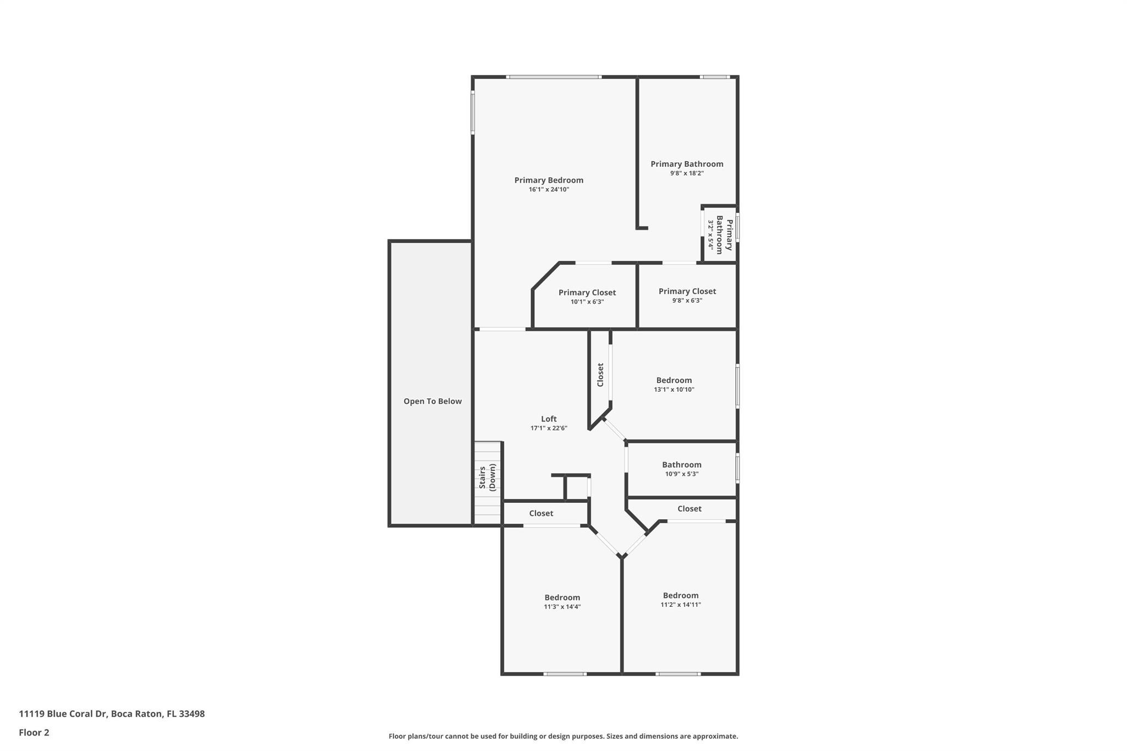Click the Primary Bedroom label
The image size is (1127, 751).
(x=549, y=180)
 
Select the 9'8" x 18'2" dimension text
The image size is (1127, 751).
(x=687, y=173)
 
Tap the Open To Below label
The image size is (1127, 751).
(x=433, y=402)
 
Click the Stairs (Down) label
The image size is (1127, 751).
(x=488, y=476)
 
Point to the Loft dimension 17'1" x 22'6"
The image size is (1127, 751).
(x=549, y=428)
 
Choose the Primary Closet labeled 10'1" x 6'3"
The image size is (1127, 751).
(x=587, y=297)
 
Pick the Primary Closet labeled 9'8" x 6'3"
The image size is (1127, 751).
(x=687, y=295)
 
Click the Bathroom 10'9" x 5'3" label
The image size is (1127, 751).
(x=681, y=469)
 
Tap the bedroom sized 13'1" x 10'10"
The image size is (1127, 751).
(x=674, y=385)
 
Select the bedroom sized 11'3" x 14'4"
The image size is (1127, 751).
(x=562, y=601)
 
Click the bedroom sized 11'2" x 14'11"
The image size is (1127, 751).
(x=681, y=599)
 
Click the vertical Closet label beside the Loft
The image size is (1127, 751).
(x=600, y=375)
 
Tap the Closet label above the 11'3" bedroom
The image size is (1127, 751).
(x=541, y=513)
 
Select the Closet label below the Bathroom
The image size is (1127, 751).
(x=689, y=509)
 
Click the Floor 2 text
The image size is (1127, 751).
(x=34, y=732)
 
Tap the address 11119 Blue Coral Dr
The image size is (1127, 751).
(x=112, y=714)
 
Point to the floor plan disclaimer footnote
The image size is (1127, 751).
(x=563, y=736)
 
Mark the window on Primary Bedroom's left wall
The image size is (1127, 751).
(x=473, y=113)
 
